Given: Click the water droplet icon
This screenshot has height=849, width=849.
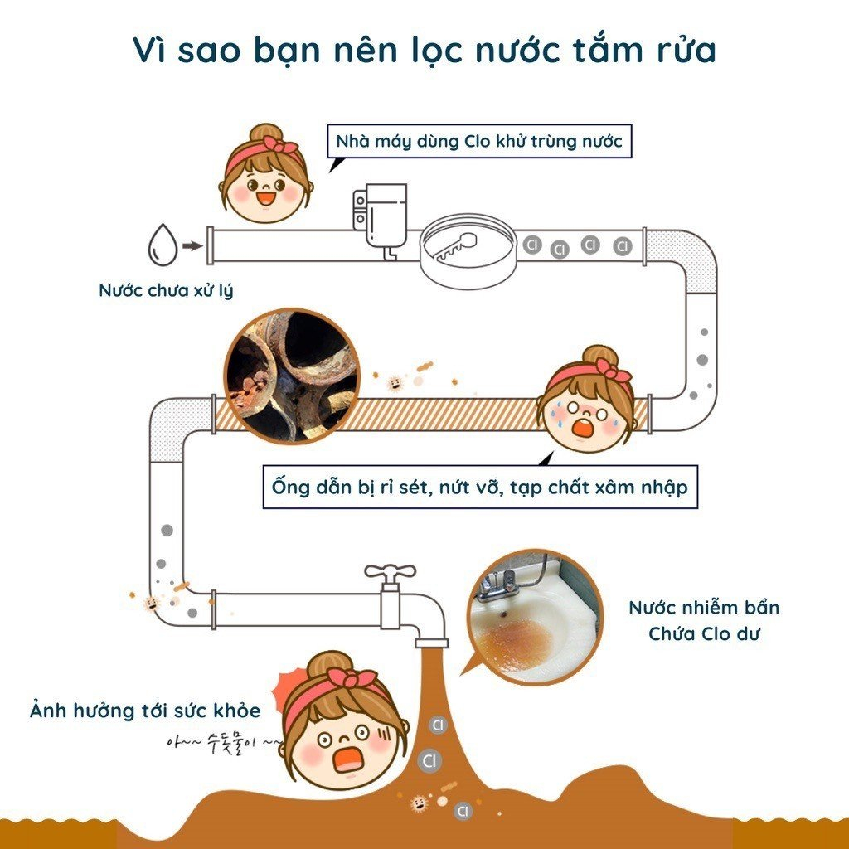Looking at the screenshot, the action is pyautogui.click(x=163, y=245).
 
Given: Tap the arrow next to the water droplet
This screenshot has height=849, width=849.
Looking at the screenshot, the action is pyautogui.click(x=192, y=245).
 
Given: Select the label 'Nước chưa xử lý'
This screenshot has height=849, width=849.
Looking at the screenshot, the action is pyautogui.click(x=166, y=291).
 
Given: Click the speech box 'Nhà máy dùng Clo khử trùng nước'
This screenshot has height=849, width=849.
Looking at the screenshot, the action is pyautogui.click(x=479, y=141).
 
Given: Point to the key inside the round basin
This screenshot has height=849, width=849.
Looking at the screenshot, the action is pyautogui.click(x=455, y=245).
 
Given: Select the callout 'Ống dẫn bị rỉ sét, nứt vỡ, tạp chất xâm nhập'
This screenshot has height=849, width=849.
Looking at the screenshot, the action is pyautogui.click(x=480, y=487).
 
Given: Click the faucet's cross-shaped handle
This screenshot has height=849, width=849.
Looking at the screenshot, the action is pyautogui.click(x=390, y=572).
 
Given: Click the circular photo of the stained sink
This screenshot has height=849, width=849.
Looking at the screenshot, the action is pyautogui.click(x=535, y=617).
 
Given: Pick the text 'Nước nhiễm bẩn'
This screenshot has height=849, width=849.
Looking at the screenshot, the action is pyautogui.click(x=704, y=608).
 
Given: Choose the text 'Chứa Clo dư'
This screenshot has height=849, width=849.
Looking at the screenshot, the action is pyautogui.click(x=704, y=633).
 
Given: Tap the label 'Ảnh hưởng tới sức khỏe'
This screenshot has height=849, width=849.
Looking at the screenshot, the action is pyautogui.click(x=145, y=710).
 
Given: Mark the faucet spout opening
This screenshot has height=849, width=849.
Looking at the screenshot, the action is pyautogui.click(x=431, y=643).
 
